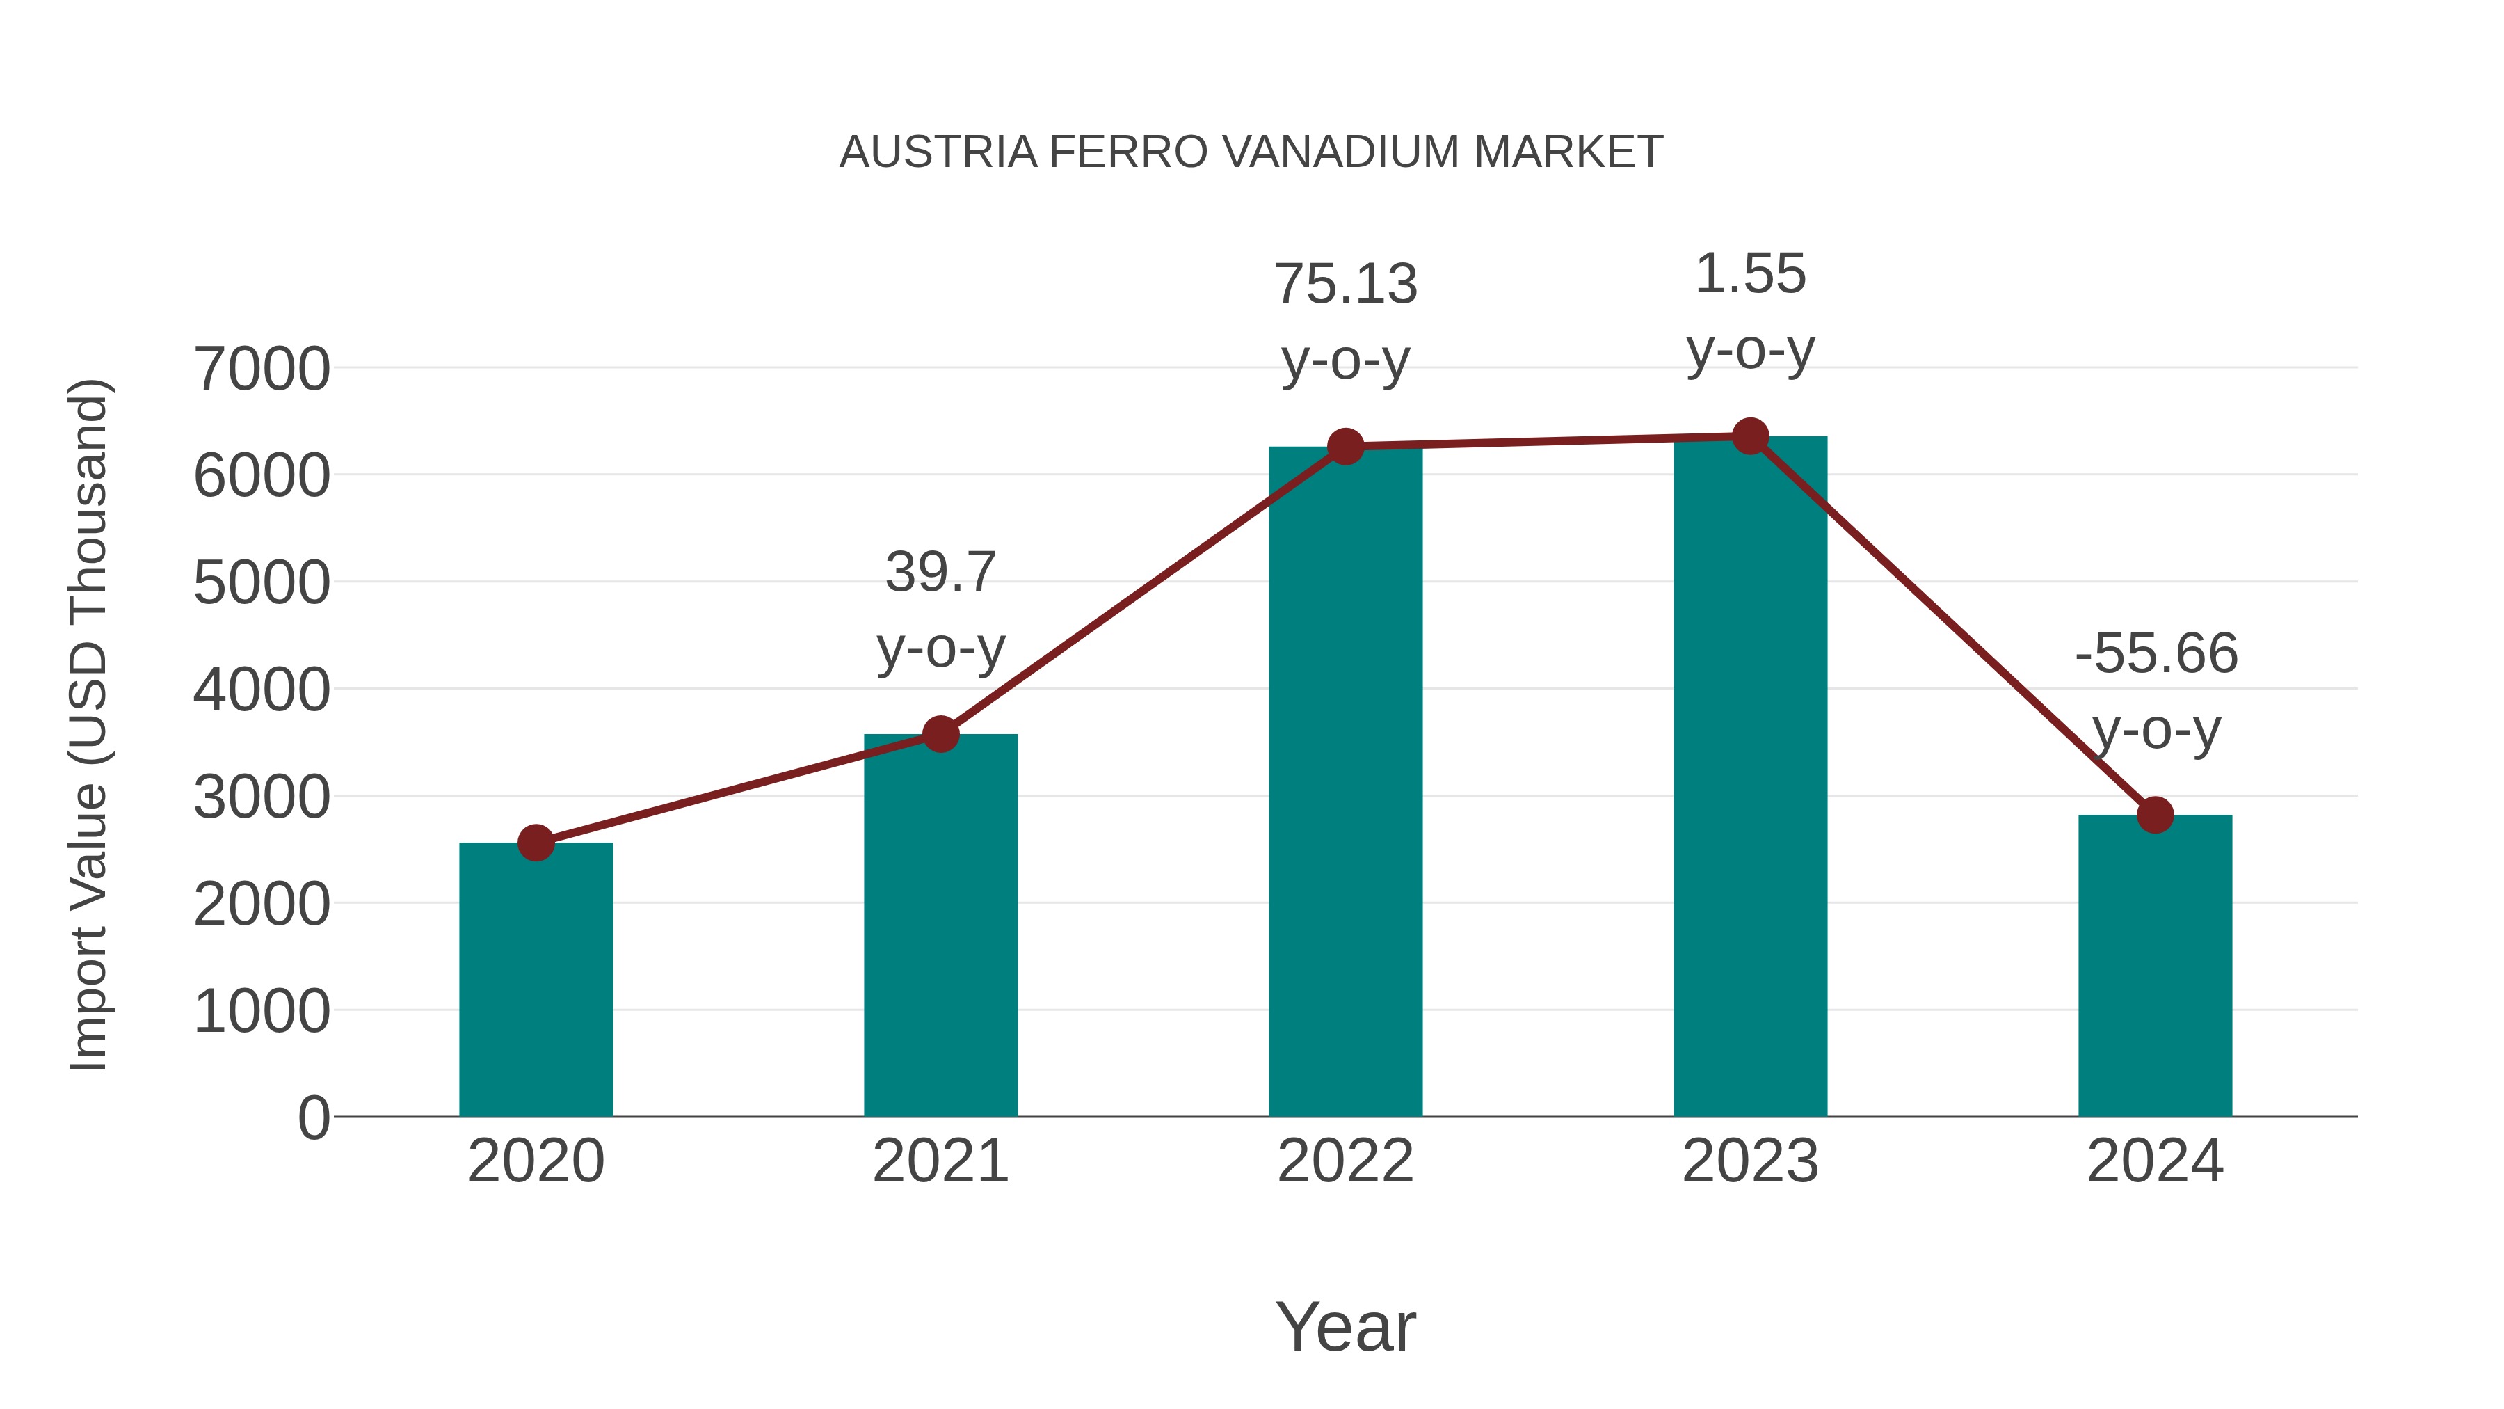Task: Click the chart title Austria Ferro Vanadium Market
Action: click(x=1251, y=152)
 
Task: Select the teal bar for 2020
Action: click(x=536, y=982)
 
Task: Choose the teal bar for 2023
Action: click(x=1750, y=778)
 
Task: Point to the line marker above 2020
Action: click(x=536, y=843)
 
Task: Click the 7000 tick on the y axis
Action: click(x=262, y=369)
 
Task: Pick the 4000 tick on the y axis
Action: click(x=262, y=690)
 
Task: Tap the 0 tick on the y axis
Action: click(x=313, y=1118)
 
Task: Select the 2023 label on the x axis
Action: click(x=1750, y=1161)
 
